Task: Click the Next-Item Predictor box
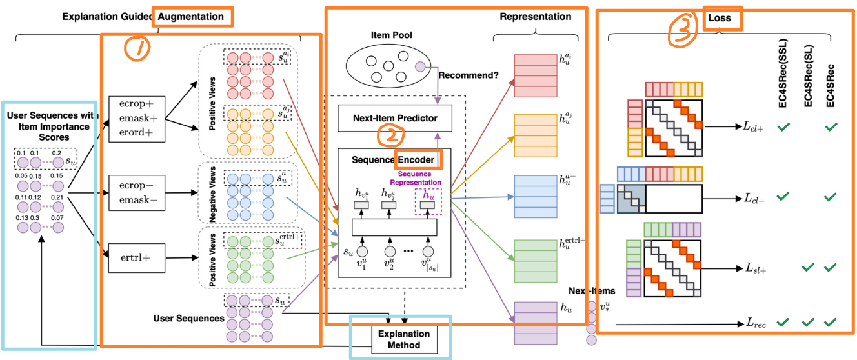[394, 117]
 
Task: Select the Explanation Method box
[404, 339]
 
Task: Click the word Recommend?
[468, 75]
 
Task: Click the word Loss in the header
[720, 18]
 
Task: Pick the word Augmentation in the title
[192, 17]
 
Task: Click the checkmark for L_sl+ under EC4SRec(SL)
[808, 267]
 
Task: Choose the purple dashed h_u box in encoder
[428, 200]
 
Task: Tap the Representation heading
[535, 17]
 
